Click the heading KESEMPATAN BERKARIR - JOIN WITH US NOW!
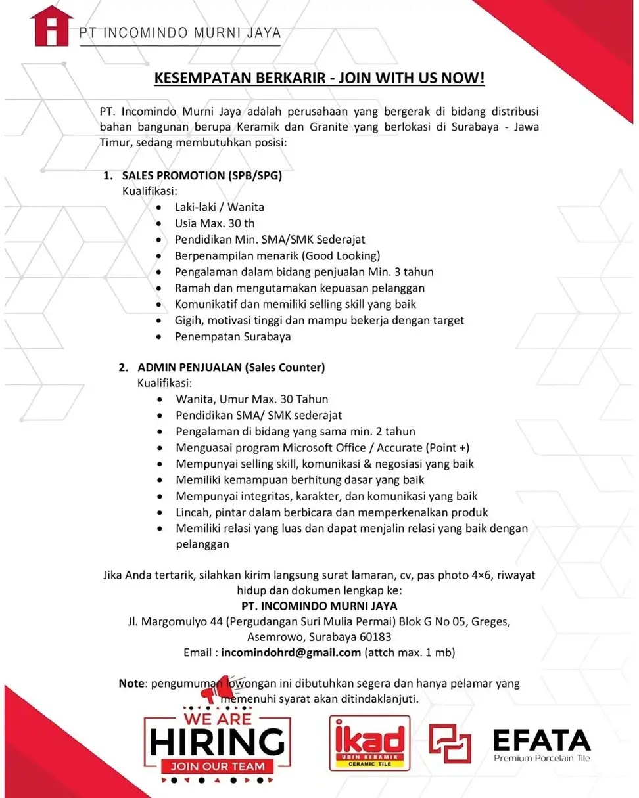coord(319,79)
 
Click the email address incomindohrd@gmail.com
coord(291,653)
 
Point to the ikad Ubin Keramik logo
coord(369,743)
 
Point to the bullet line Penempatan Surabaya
coord(233,336)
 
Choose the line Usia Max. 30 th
coord(214,223)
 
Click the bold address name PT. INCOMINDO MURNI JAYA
coord(319,605)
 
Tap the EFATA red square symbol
coord(450,743)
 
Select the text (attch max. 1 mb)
coord(410,653)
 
